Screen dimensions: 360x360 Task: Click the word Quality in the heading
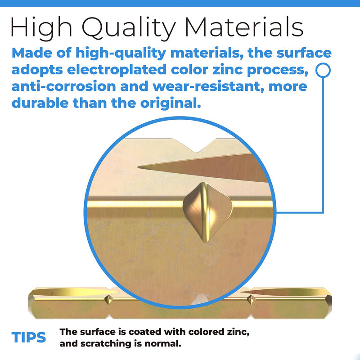(x=129, y=28)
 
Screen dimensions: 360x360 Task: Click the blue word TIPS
(x=29, y=337)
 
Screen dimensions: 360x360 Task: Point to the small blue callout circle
(x=323, y=70)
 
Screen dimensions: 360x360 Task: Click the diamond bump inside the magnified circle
(x=208, y=212)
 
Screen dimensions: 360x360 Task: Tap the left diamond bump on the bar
(x=108, y=300)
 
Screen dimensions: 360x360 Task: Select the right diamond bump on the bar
(x=251, y=300)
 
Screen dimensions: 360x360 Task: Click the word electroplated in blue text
(x=117, y=70)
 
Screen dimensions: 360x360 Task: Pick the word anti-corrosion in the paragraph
(x=63, y=86)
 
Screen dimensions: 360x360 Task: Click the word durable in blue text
(x=40, y=103)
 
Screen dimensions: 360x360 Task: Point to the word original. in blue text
(x=171, y=103)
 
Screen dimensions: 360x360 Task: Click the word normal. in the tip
(x=163, y=343)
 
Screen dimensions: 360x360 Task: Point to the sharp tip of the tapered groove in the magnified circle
(x=139, y=167)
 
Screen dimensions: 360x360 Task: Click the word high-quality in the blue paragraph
(x=121, y=54)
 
